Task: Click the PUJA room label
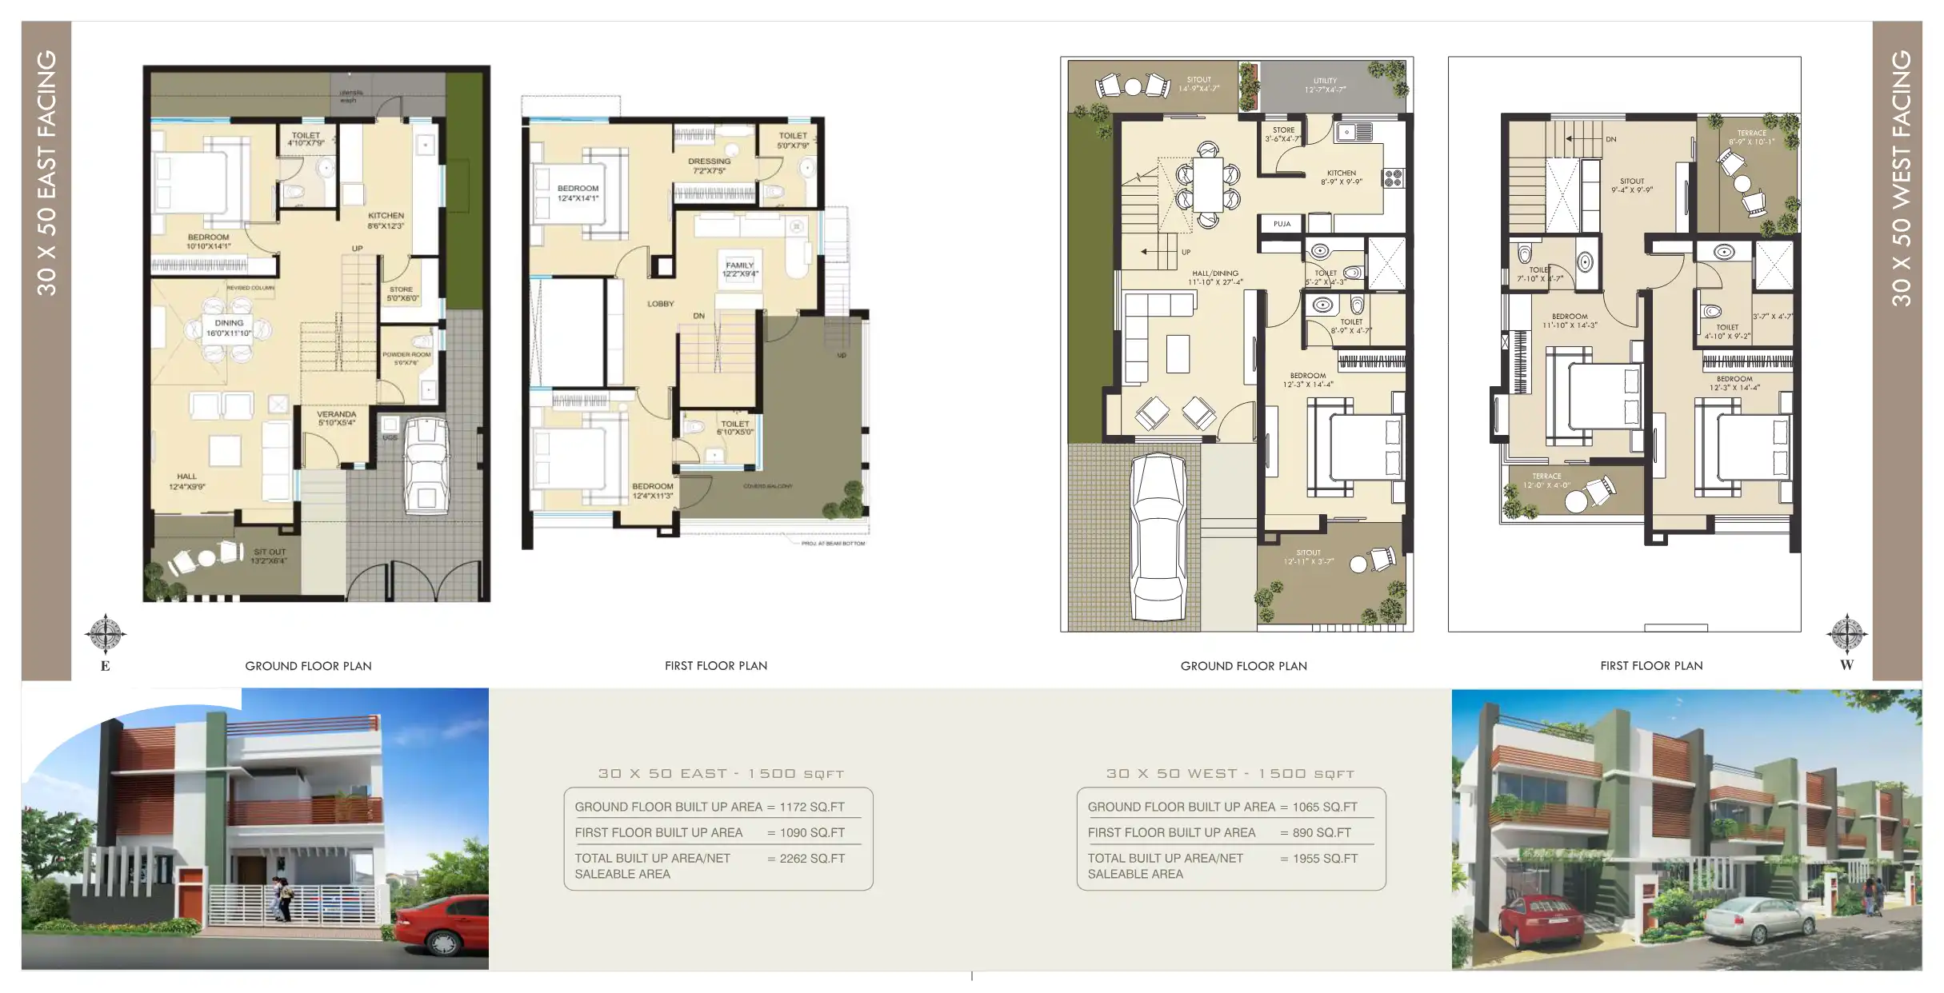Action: [1282, 224]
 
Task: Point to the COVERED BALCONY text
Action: [768, 486]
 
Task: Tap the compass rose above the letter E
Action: [105, 635]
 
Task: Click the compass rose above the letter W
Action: [1846, 635]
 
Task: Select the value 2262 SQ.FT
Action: [812, 858]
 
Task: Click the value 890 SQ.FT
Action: [1322, 832]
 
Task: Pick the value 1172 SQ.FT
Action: [812, 807]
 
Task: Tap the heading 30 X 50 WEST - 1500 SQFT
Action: [1230, 773]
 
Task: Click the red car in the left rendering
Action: [442, 926]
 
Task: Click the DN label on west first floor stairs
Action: [1611, 139]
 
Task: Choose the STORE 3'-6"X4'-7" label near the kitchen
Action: [1283, 134]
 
